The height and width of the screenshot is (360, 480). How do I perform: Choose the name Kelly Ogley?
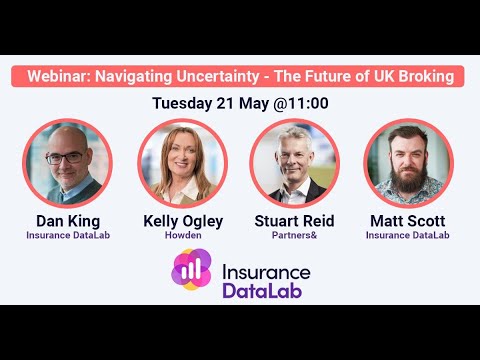tap(183, 221)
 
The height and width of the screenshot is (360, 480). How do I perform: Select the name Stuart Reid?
tap(295, 221)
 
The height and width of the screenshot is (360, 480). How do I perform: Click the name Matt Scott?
tap(408, 221)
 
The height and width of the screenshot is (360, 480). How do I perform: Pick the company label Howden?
tap(183, 236)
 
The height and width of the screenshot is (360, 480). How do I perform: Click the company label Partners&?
tap(295, 236)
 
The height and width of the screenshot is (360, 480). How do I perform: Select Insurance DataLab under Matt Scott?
tap(408, 236)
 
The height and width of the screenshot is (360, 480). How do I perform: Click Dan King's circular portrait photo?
tap(68, 163)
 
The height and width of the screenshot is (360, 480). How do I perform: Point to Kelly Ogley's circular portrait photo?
tap(182, 163)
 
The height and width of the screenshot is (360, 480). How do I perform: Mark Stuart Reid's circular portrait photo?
tap(295, 163)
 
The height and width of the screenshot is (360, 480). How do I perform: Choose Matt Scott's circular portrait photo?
tap(408, 163)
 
